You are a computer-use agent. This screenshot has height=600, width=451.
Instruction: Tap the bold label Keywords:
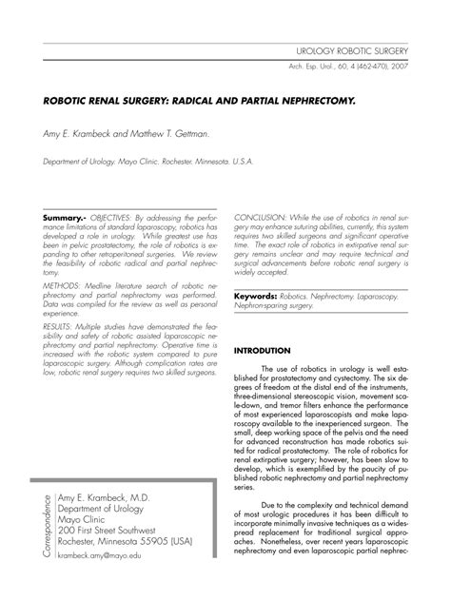click(x=257, y=296)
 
